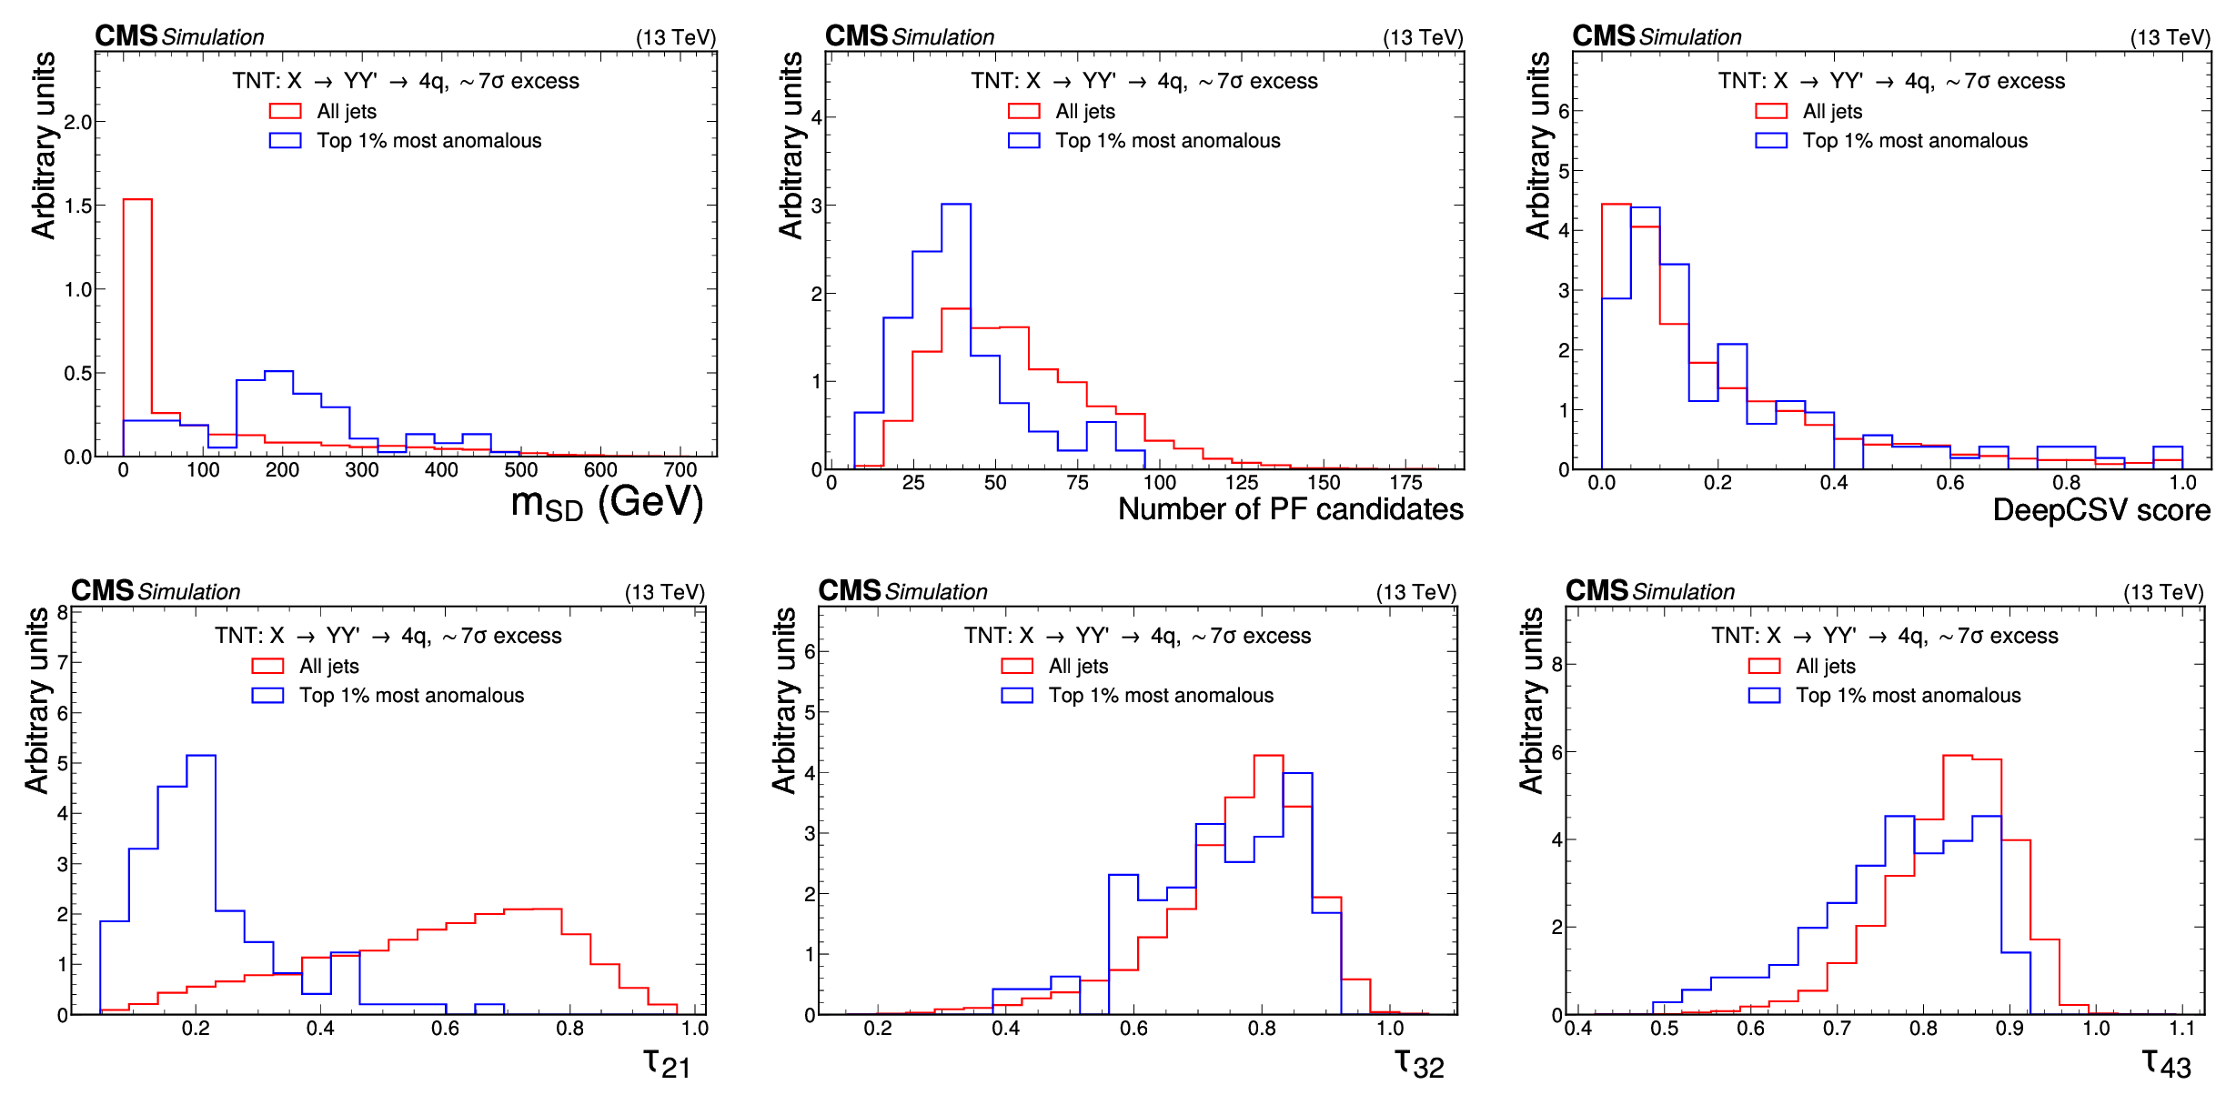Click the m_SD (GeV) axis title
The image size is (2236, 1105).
click(x=607, y=503)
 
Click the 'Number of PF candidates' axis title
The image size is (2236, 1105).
click(x=1290, y=509)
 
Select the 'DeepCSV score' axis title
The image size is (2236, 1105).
click(x=2100, y=510)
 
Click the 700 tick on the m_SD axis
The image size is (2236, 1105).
click(x=680, y=470)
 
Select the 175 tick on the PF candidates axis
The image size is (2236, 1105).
click(x=1405, y=483)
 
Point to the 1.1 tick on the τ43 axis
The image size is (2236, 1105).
click(x=2181, y=1029)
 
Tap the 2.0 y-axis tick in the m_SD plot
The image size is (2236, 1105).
click(x=78, y=122)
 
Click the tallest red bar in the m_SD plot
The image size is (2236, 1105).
click(x=137, y=327)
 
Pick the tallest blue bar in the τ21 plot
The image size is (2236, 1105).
click(x=201, y=882)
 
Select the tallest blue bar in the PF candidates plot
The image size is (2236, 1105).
click(x=956, y=337)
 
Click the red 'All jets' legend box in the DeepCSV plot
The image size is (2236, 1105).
click(x=1770, y=111)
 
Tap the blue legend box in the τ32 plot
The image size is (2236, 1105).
click(x=1017, y=696)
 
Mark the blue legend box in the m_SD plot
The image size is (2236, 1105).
click(x=285, y=141)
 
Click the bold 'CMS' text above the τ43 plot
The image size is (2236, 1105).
click(x=1596, y=591)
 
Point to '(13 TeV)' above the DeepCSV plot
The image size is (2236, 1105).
click(x=2170, y=37)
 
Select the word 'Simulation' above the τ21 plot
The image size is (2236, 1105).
click(x=189, y=592)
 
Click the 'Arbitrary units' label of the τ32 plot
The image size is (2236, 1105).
click(x=784, y=700)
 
